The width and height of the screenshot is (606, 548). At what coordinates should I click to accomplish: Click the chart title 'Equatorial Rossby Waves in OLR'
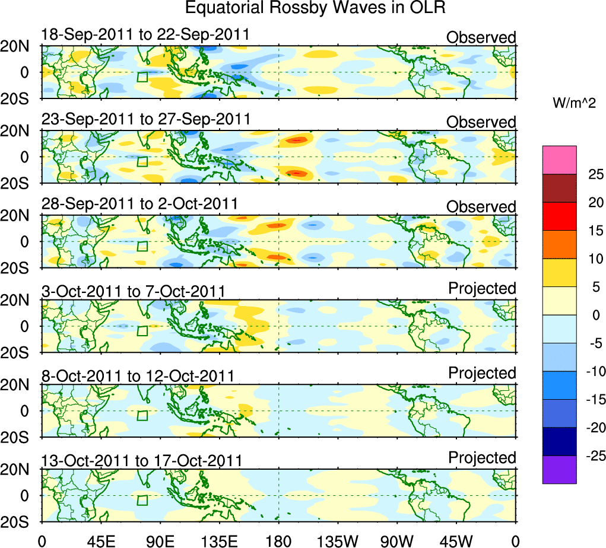[315, 8]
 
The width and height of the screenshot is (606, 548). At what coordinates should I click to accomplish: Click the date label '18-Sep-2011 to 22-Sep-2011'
[145, 35]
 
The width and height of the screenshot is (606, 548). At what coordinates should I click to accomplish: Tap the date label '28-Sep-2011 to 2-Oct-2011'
[139, 204]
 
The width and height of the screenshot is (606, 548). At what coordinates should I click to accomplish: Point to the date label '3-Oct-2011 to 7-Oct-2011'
[133, 291]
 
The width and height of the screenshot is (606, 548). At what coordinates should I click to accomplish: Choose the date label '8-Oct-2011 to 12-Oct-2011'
[138, 376]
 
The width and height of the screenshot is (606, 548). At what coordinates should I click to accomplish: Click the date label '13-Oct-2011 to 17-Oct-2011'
[142, 460]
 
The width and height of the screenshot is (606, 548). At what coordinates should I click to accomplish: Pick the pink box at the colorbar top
[559, 160]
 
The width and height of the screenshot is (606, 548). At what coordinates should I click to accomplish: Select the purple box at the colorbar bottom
[559, 470]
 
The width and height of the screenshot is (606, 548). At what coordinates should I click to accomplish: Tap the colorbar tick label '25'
[595, 174]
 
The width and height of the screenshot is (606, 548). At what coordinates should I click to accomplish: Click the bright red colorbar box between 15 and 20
[559, 216]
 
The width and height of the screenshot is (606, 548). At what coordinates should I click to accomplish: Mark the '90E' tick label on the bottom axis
[160, 540]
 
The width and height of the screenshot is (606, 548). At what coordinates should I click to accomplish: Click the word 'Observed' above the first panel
[481, 38]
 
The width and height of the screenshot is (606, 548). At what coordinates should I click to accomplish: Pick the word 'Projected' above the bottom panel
[482, 458]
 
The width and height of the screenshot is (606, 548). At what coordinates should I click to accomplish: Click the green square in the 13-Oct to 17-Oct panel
[142, 500]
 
